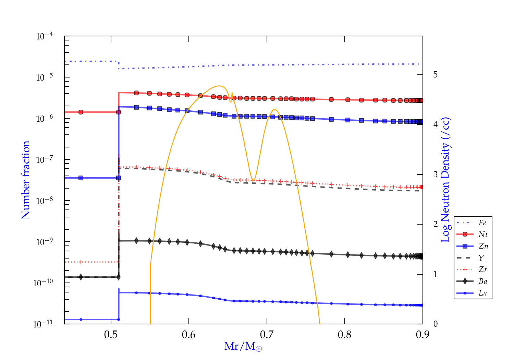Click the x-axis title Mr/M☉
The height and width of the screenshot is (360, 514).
[243, 347]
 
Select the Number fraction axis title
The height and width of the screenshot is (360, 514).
[26, 180]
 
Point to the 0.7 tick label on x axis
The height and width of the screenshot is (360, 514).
[267, 335]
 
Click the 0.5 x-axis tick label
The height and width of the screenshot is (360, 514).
[111, 335]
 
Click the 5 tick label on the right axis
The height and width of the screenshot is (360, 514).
[435, 75]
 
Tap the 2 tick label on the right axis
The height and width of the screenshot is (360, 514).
[435, 224]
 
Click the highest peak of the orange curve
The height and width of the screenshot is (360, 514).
[219, 86]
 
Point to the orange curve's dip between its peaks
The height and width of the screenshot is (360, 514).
[253, 180]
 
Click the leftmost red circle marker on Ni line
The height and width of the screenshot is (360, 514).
[81, 112]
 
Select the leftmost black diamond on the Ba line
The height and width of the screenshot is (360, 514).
[81, 277]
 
